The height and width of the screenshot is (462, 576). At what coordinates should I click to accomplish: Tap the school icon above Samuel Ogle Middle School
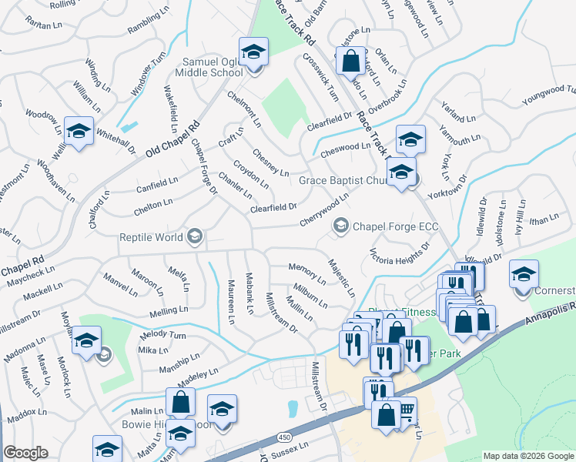click(x=253, y=52)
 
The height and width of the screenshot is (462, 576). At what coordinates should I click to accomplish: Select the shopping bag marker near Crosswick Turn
click(x=350, y=61)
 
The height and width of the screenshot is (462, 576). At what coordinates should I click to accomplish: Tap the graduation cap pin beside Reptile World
click(x=196, y=236)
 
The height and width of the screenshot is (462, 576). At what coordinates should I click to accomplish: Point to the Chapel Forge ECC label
click(x=389, y=226)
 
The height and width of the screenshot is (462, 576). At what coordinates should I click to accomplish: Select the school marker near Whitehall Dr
click(x=79, y=132)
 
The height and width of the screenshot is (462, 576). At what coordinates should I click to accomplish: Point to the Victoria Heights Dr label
click(x=399, y=253)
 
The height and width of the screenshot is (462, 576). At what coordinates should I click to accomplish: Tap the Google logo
click(x=25, y=454)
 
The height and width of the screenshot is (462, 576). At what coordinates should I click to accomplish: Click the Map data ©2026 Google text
click(x=528, y=456)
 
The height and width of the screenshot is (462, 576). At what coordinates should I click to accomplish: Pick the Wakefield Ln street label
click(x=169, y=105)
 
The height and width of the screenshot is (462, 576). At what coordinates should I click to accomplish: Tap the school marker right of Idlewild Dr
click(x=524, y=275)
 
